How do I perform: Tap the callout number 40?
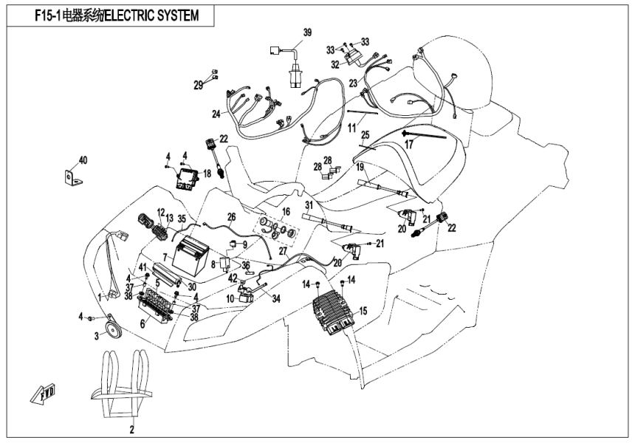(83, 160)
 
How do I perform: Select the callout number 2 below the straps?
(133, 428)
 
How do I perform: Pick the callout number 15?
(362, 312)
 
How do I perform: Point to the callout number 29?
(198, 86)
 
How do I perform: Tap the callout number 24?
(216, 114)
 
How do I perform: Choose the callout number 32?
(334, 64)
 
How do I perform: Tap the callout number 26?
(231, 217)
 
